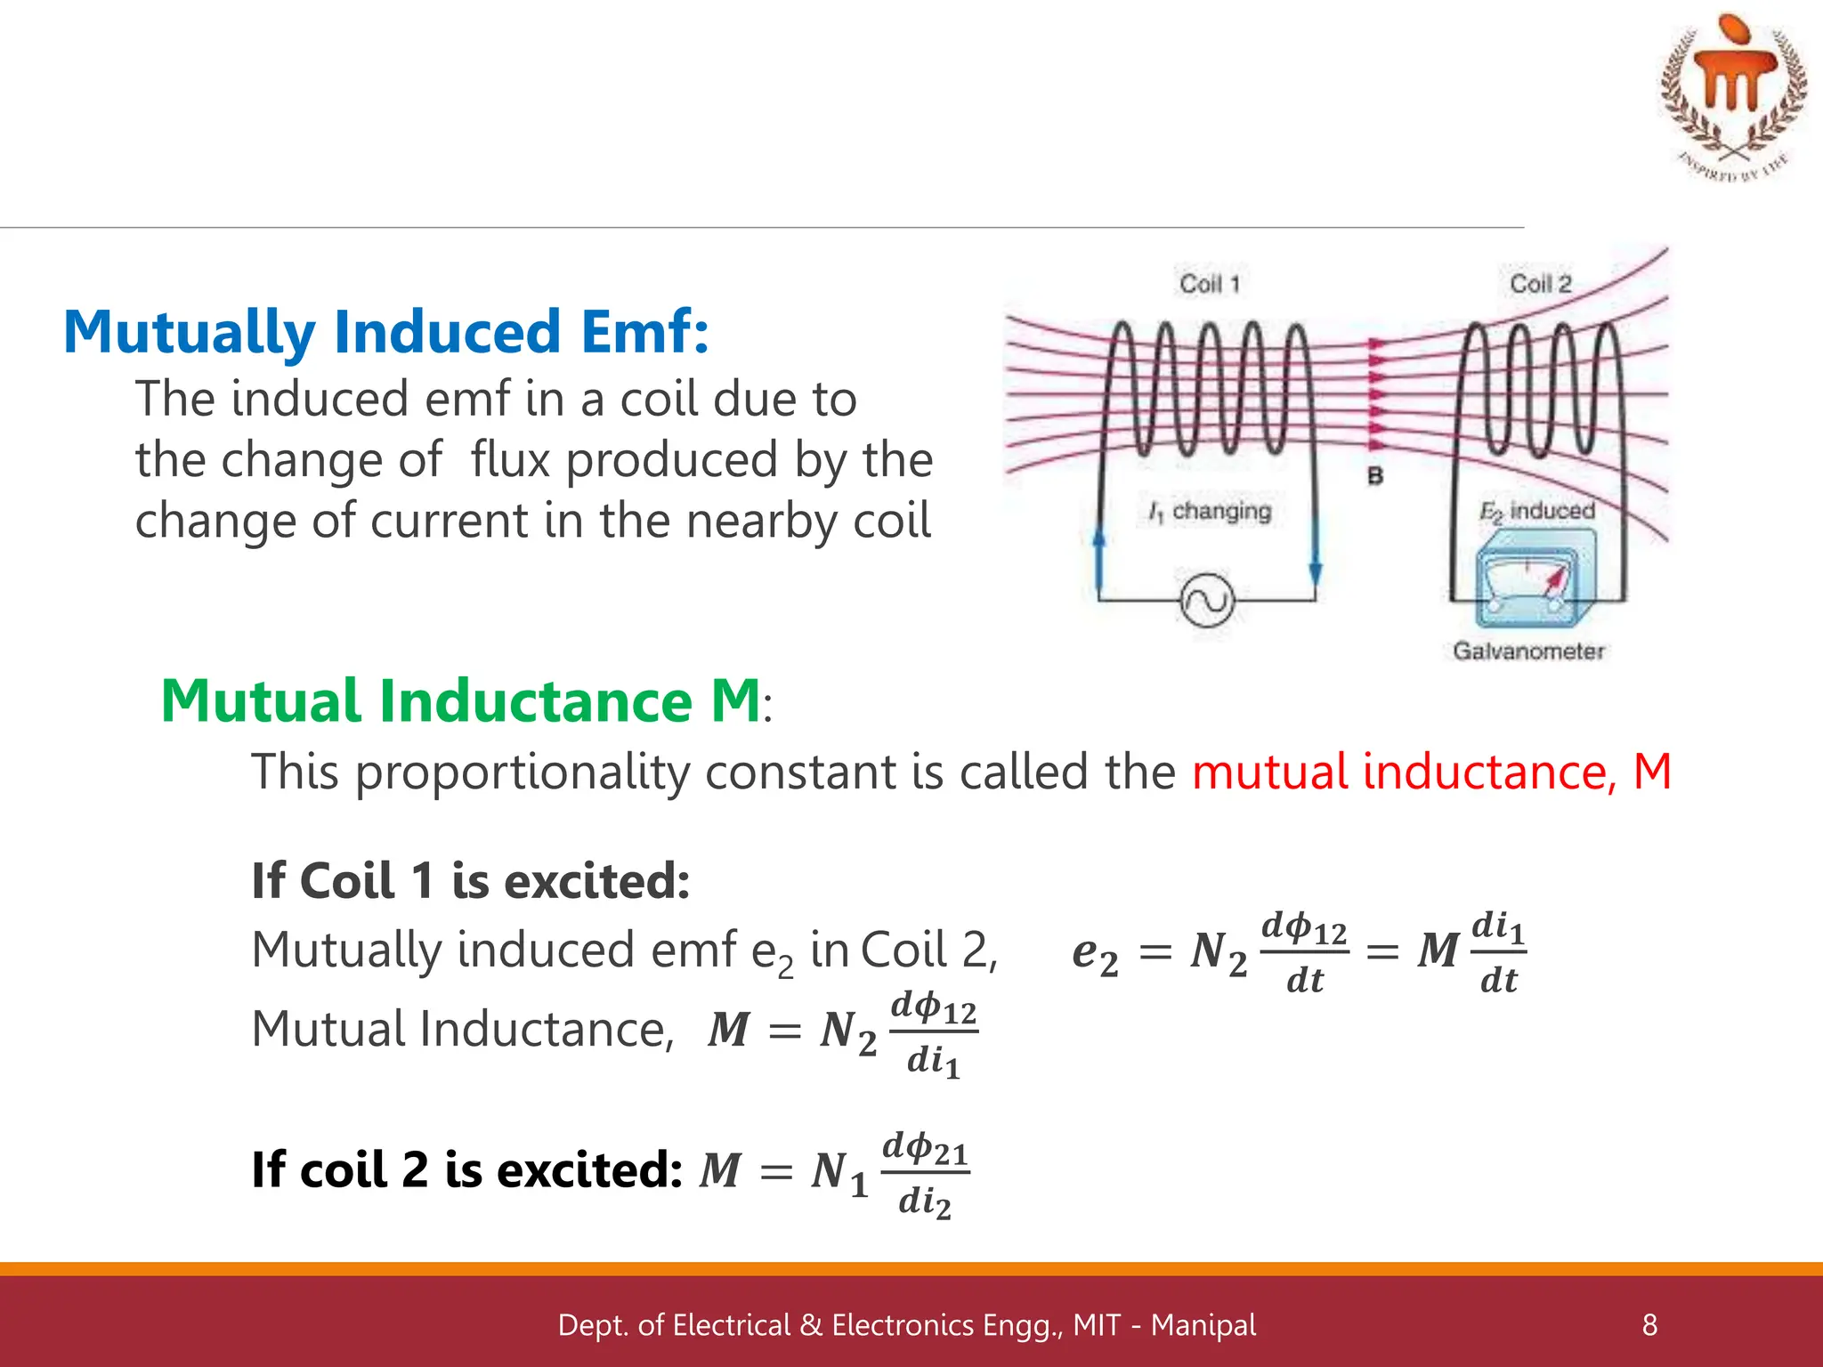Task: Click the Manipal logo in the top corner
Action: [x=1732, y=93]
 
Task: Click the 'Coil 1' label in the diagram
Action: [x=1210, y=284]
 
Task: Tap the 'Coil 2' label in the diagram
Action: [x=1541, y=284]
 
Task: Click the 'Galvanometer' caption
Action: [x=1528, y=651]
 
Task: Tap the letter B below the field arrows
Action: [x=1375, y=476]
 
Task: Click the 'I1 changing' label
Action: [x=1211, y=512]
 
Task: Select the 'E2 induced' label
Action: [x=1536, y=511]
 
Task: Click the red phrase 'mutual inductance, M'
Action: [x=1431, y=772]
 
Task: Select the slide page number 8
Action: [x=1649, y=1325]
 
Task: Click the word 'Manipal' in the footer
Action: [x=1203, y=1325]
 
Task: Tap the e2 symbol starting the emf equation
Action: [x=1095, y=954]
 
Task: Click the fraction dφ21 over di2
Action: [x=925, y=1174]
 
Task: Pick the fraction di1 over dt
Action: [x=1499, y=952]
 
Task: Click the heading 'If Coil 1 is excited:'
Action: [x=471, y=881]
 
